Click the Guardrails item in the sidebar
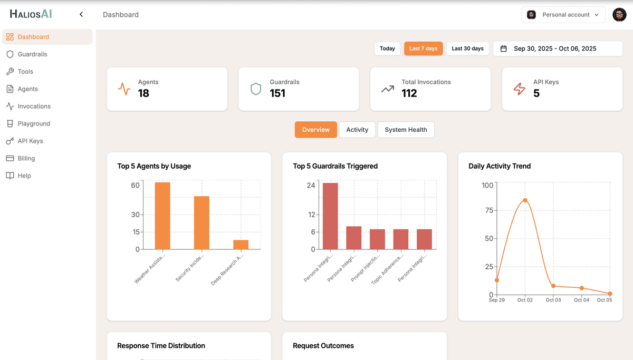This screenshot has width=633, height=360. point(32,54)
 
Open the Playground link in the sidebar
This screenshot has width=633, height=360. point(34,123)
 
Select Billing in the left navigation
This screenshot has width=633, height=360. point(26,158)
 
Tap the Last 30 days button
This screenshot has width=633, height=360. point(467,48)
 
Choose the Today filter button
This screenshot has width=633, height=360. point(387,48)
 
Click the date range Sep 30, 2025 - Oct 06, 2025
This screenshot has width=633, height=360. point(554,48)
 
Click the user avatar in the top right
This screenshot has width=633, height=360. point(619,15)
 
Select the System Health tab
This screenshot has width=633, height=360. point(406,130)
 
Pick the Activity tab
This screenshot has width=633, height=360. point(357,130)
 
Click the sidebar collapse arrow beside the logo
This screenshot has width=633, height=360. point(81,15)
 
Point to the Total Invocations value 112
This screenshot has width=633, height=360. point(409,94)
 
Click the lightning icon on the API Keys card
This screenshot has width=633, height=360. point(520,89)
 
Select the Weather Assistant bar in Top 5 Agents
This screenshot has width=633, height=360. point(162,216)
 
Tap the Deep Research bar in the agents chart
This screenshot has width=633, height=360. point(241,245)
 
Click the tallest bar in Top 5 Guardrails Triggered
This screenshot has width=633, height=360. point(330,216)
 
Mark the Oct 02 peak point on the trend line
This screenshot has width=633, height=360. point(525,200)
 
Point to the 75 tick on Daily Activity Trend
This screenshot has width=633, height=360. point(488,210)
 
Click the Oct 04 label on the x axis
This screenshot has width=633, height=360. point(581,300)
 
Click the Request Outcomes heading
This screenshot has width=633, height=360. point(323,346)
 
